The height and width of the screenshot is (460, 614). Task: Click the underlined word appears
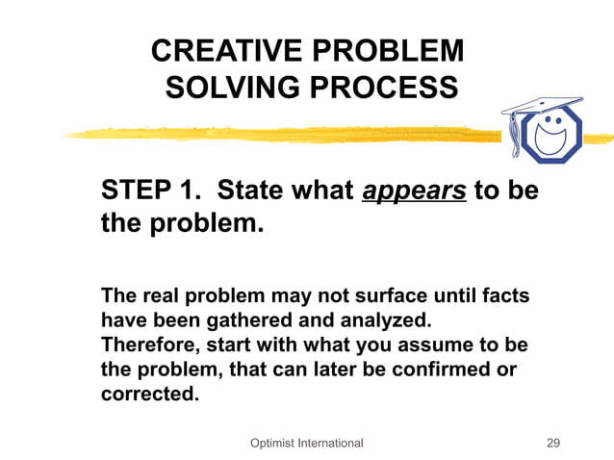click(414, 191)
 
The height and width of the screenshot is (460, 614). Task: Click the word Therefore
click(149, 345)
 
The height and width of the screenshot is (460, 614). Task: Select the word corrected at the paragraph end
click(149, 395)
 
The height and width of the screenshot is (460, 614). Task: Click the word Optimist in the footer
click(273, 443)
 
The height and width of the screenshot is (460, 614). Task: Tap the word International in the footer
click(332, 443)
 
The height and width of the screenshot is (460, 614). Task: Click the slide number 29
click(552, 443)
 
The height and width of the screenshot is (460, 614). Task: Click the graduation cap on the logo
click(539, 105)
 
